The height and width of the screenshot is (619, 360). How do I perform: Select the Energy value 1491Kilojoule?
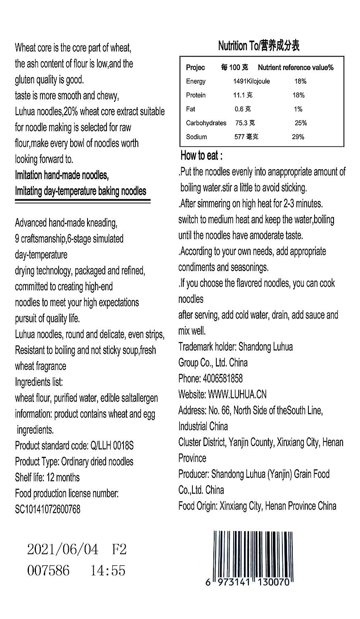click(251, 81)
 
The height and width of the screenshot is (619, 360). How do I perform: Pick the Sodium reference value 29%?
click(298, 137)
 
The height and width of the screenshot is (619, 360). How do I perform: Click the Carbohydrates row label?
click(206, 123)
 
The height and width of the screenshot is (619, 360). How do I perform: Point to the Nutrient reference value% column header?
click(296, 68)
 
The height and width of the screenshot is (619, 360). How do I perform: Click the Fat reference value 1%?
click(298, 109)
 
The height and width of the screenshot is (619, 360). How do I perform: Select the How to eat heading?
click(201, 156)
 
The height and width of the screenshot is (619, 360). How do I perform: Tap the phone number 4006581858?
click(222, 378)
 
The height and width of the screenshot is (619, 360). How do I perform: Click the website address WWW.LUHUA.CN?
click(237, 395)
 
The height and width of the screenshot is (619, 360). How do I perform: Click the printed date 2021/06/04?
click(63, 550)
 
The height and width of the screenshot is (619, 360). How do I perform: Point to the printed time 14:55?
click(108, 571)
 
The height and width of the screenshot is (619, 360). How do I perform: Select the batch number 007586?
click(48, 571)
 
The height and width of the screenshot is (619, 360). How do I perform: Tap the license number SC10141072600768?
click(47, 509)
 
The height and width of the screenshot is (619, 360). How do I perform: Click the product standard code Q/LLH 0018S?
click(111, 446)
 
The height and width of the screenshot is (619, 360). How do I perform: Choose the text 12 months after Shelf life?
click(63, 477)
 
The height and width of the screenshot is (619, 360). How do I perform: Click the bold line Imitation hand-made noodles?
click(62, 175)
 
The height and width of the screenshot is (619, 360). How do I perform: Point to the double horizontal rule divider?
click(83, 201)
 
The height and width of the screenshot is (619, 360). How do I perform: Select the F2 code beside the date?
click(119, 550)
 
